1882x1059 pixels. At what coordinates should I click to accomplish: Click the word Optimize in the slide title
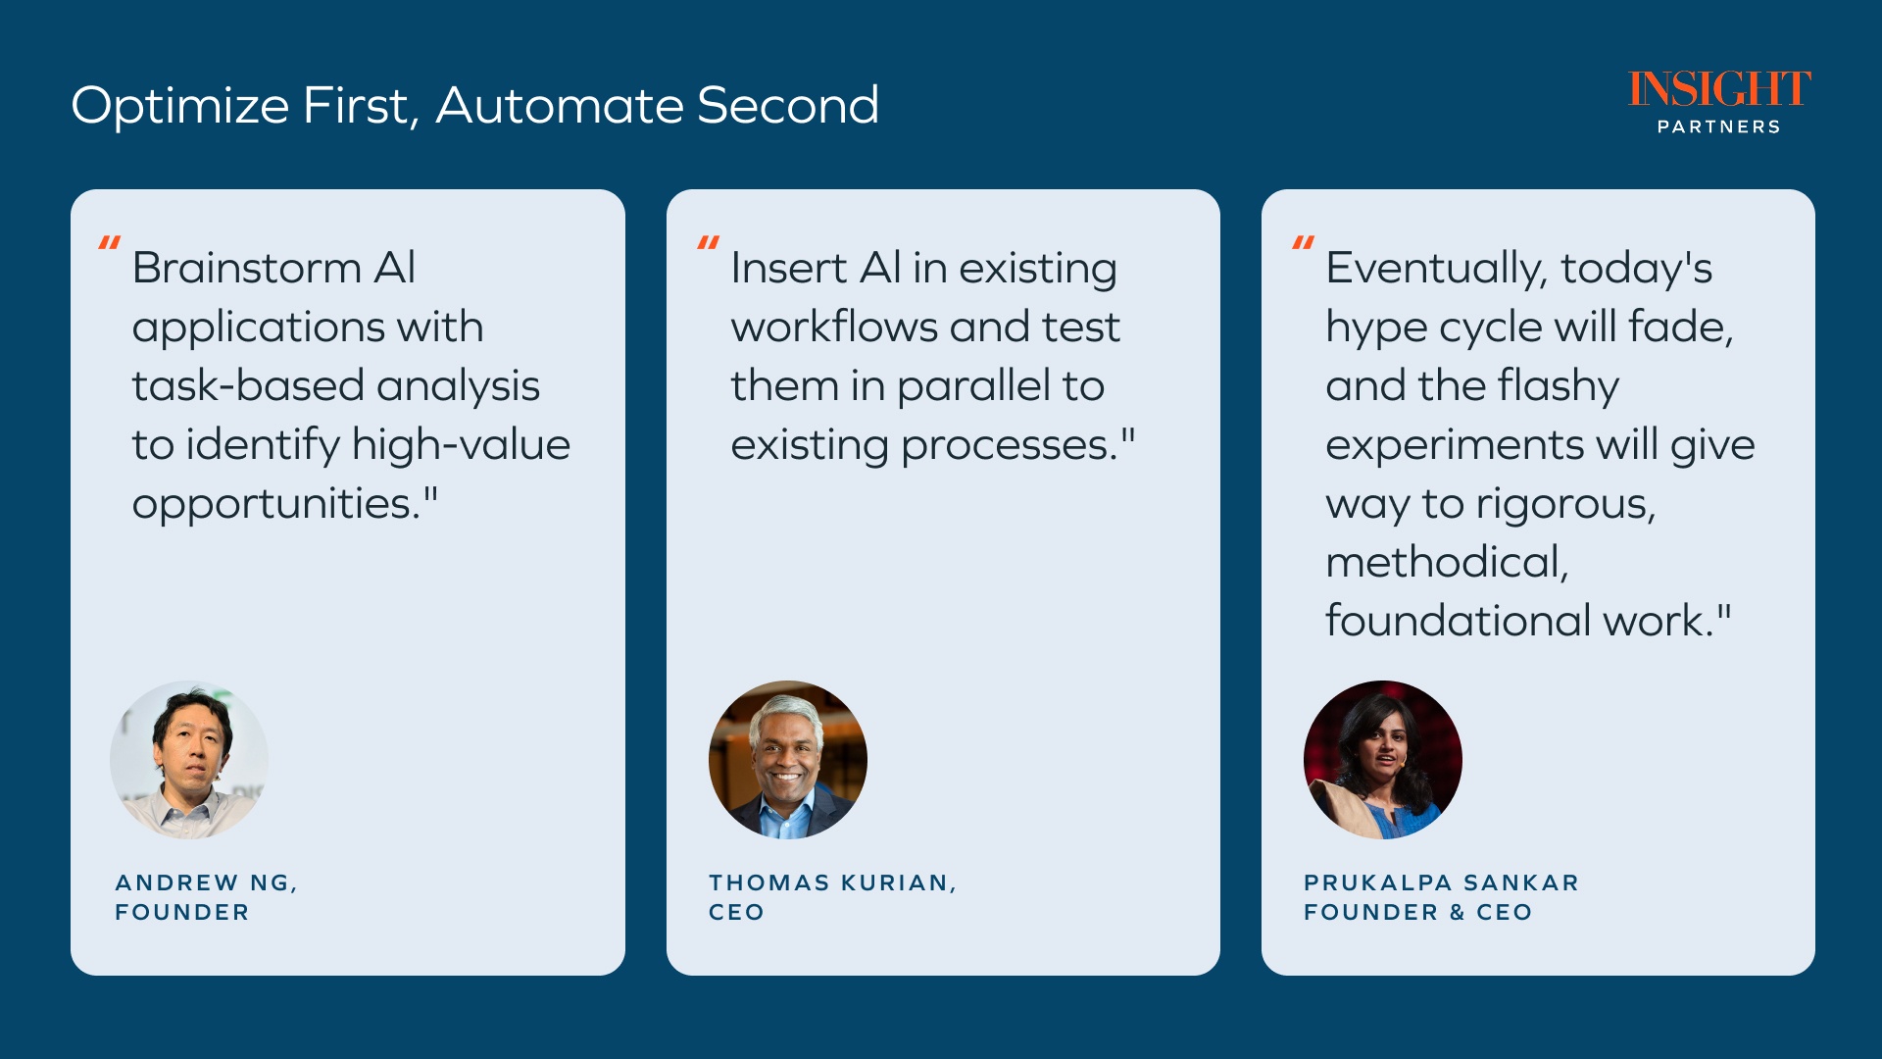tap(180, 106)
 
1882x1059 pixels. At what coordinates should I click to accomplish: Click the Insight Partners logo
tap(1719, 102)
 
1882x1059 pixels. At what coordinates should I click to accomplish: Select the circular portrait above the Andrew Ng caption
tap(189, 760)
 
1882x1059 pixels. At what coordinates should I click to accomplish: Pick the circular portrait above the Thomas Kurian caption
tap(788, 760)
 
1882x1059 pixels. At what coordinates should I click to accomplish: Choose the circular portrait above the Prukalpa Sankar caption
tap(1383, 760)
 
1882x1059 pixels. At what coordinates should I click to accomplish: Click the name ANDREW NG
tap(203, 882)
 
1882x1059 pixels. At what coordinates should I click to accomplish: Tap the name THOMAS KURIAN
tap(829, 882)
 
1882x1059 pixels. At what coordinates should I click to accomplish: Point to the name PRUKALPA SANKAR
tap(1441, 882)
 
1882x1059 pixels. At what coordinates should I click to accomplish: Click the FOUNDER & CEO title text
tap(1417, 912)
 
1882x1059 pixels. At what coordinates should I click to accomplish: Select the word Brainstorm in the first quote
tap(247, 268)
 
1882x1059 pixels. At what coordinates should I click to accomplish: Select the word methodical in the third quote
tap(1447, 563)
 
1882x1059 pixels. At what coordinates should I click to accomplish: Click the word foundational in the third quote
tap(1459, 621)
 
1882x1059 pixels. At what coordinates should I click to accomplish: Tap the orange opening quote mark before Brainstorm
tap(110, 243)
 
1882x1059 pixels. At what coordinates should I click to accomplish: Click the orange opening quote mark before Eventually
tap(1303, 243)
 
